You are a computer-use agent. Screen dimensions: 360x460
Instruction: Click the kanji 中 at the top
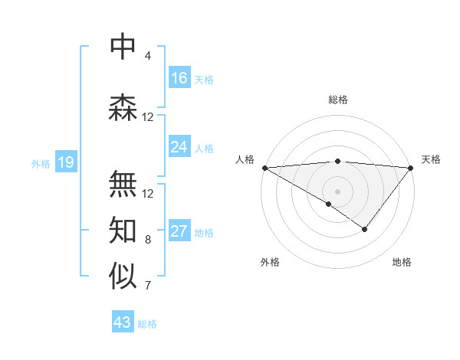coord(123,47)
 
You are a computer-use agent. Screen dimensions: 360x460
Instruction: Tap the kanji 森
coord(123,108)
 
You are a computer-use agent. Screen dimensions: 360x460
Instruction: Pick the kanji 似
coord(123,277)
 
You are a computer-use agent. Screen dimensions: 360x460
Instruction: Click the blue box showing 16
coord(179,78)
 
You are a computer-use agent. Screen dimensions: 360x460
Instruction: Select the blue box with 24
coord(179,147)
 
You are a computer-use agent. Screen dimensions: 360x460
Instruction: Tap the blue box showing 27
coord(179,232)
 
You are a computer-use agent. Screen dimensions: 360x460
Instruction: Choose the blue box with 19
coord(65,162)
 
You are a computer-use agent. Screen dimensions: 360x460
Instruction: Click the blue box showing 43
coord(123,322)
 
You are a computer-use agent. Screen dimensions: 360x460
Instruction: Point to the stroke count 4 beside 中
coord(148,56)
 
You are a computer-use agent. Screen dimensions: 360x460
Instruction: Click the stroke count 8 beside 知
coord(148,240)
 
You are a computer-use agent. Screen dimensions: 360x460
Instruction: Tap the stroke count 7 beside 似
coord(148,286)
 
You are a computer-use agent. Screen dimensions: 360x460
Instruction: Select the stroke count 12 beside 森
coord(148,117)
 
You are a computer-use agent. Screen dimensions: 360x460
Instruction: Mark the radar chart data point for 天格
coord(411,167)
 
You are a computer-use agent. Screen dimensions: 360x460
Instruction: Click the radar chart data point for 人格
coord(264,167)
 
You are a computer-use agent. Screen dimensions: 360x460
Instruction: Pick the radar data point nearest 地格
coord(365,229)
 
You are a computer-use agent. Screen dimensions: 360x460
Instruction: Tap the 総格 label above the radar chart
coord(338,100)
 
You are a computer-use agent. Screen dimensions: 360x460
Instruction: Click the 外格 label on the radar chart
coord(270,262)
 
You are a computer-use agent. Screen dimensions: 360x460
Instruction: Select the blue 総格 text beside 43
coord(148,324)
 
